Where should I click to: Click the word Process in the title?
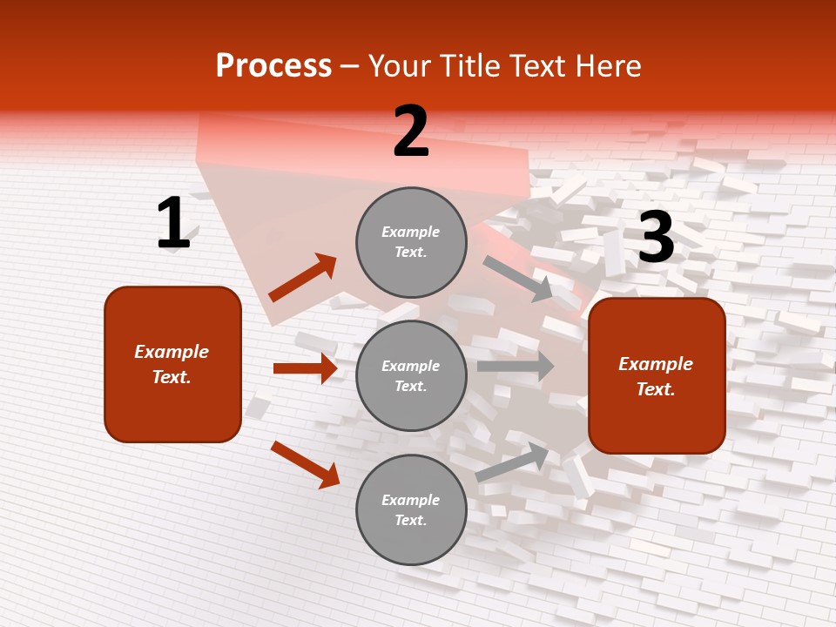tap(273, 66)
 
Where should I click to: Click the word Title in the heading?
tap(469, 66)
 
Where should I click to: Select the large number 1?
tap(173, 224)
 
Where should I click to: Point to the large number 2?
tap(411, 131)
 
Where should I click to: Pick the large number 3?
tap(656, 237)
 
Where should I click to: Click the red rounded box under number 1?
tap(172, 364)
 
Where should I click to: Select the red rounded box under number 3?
tap(657, 375)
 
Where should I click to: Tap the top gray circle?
tap(411, 242)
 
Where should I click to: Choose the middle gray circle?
tap(411, 375)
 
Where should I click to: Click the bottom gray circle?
tap(411, 509)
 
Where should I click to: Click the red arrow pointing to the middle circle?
tap(305, 368)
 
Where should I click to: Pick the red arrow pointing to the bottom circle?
tap(305, 464)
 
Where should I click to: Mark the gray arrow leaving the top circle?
tap(518, 279)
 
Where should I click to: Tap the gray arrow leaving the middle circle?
tap(516, 366)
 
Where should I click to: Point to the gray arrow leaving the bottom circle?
tap(512, 462)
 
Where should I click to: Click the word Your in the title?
tap(399, 66)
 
